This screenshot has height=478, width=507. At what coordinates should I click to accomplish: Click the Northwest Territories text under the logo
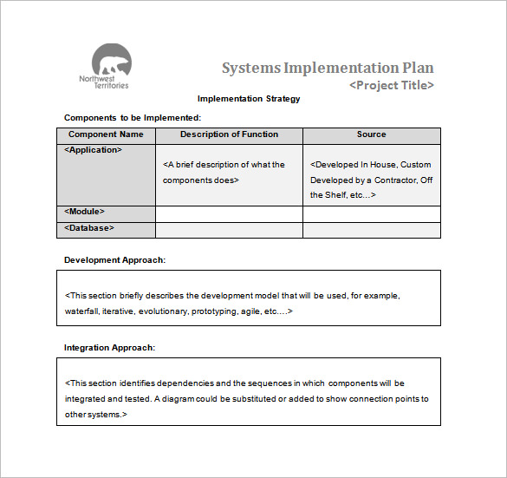coord(103,82)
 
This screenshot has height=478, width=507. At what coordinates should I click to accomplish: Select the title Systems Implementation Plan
coord(328,68)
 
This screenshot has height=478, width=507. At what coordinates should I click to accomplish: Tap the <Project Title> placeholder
coord(391,85)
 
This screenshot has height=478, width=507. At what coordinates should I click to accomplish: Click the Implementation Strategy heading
coord(249,99)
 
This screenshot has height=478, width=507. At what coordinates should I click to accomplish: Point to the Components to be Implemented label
coord(133,117)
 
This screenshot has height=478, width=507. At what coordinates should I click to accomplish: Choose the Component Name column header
coord(106,134)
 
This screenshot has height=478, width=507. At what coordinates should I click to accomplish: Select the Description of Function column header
coord(229,134)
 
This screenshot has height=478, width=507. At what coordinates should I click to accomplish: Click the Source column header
coord(371,134)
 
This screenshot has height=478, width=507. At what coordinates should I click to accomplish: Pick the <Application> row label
coord(94,149)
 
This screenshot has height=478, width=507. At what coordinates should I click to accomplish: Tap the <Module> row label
coord(85,211)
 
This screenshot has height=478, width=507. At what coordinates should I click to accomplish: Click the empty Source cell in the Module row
coord(371,213)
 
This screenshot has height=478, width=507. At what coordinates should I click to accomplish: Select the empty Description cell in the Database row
coord(229,230)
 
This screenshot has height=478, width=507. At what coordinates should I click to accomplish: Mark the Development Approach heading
coord(114,259)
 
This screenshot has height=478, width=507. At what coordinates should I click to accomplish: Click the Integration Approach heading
coord(109,348)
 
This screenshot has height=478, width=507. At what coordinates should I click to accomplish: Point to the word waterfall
coord(81,311)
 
